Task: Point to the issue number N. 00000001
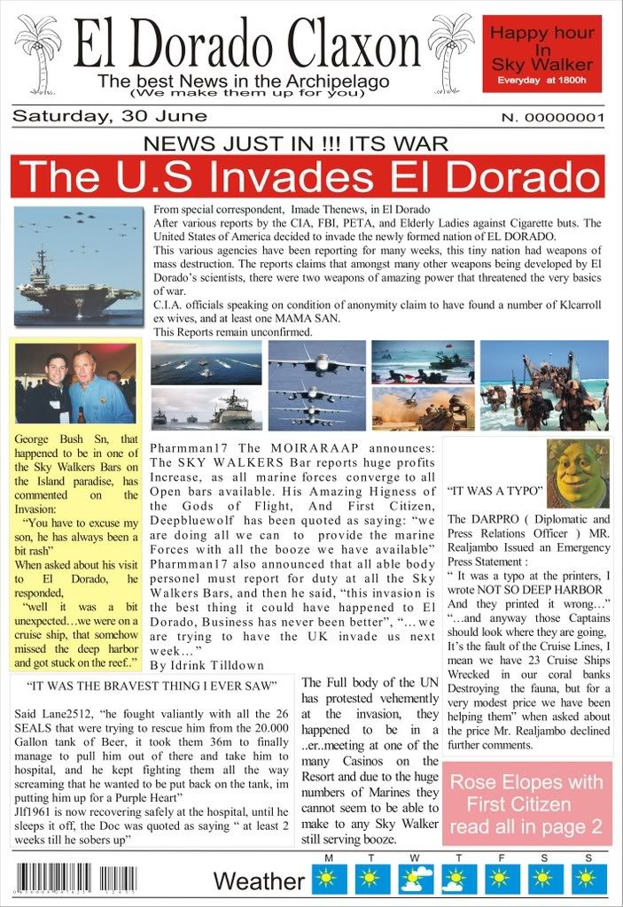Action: [552, 117]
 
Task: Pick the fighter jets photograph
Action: [316, 384]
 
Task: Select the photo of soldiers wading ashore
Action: [544, 384]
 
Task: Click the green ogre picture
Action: [577, 472]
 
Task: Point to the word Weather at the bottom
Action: [259, 881]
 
